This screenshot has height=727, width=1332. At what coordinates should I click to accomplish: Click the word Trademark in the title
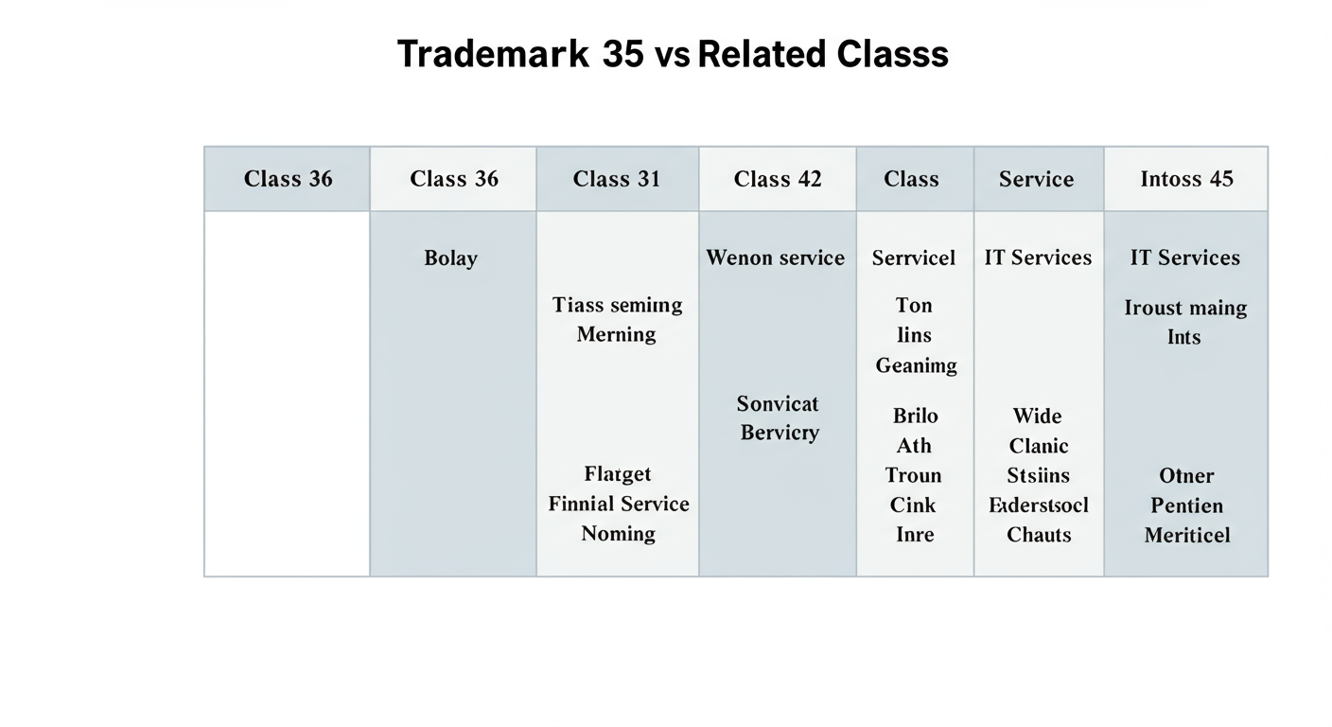tap(492, 54)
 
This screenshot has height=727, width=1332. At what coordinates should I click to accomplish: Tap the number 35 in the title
tap(622, 54)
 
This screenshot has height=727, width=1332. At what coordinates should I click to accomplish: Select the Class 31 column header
tap(617, 179)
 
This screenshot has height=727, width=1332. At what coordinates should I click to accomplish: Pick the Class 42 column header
tap(778, 179)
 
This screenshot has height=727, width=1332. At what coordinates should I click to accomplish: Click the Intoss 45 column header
tap(1186, 179)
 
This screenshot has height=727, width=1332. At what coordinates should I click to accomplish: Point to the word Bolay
tap(451, 258)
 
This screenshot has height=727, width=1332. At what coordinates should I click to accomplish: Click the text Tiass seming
tap(617, 305)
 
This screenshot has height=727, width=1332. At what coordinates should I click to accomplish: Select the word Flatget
tap(618, 474)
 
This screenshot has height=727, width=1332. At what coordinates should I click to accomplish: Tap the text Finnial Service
tap(619, 504)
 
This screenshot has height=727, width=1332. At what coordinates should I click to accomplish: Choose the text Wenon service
tap(776, 257)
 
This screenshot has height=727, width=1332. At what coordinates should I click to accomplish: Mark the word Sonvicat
tap(778, 404)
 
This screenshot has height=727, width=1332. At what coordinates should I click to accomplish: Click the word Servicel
tap(914, 257)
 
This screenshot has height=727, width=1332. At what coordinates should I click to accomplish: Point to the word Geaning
tap(916, 365)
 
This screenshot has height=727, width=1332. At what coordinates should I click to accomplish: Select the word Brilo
tap(916, 416)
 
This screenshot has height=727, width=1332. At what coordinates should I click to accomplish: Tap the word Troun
tap(914, 475)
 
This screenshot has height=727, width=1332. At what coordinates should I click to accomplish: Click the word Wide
tap(1037, 417)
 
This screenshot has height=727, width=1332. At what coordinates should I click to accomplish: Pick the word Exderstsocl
tap(1039, 505)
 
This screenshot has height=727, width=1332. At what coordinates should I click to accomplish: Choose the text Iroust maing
tap(1185, 309)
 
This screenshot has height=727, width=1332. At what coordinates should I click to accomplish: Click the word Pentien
tap(1186, 505)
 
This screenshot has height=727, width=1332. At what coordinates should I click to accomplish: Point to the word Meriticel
tap(1187, 535)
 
